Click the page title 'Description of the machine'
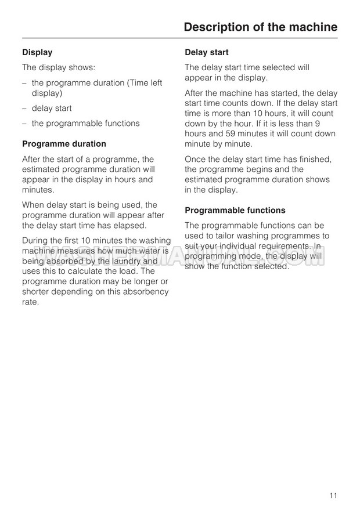pos(260,27)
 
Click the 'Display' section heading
pos(37,52)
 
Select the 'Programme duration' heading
pos(64,144)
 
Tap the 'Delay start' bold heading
pos(206,52)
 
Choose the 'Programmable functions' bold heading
pos(235,210)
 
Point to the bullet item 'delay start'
pos(52,108)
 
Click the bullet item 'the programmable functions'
pos(85,123)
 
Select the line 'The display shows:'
pos(55,67)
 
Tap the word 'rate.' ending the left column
pos(30,302)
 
